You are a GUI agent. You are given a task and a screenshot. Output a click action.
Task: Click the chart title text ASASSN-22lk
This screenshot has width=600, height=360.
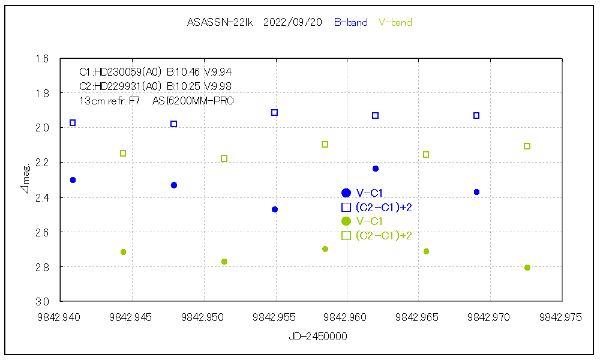pos(220,23)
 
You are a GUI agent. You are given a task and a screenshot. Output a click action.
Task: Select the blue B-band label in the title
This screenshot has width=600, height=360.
pos(350,23)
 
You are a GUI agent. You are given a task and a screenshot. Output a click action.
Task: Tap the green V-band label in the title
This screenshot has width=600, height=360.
pos(395,23)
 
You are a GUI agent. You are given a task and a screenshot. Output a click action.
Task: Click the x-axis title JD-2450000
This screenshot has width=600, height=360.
pos(317,337)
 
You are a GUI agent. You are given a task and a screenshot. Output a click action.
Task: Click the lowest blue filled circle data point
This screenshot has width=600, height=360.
pos(275,209)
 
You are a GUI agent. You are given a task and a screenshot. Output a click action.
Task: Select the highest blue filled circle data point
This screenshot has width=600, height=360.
pos(376,169)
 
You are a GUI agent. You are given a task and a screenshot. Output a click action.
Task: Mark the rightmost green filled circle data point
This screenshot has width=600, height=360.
pos(527,268)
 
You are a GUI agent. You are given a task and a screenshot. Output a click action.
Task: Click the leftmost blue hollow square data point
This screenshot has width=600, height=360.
pos(73,122)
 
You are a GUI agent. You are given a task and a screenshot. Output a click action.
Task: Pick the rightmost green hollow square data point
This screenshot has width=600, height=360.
pos(527,146)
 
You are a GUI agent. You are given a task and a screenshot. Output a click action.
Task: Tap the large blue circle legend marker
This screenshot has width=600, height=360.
pos(346,193)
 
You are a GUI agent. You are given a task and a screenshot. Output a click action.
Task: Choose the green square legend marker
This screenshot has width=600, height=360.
pos(346,236)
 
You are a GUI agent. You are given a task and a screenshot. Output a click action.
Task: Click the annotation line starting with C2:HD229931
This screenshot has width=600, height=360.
pos(155,86)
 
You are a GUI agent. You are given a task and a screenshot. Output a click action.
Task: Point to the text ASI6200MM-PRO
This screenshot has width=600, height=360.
pos(193,101)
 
